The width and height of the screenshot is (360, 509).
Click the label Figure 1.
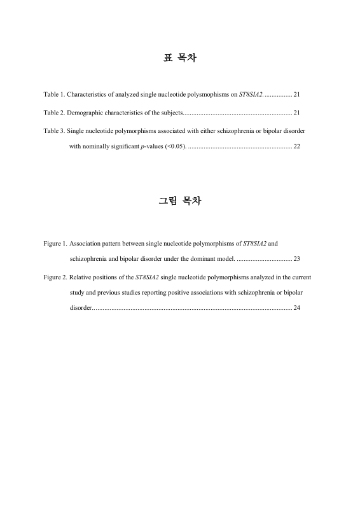click(x=55, y=243)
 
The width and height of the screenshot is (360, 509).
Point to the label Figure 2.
click(x=55, y=277)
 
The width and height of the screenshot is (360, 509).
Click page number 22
click(x=297, y=147)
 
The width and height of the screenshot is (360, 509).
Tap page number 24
click(x=297, y=309)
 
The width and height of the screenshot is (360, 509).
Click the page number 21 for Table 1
click(x=297, y=94)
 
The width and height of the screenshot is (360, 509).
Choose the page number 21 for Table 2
click(x=297, y=113)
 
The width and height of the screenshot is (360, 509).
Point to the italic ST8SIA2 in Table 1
click(x=251, y=94)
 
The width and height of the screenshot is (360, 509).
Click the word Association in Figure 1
click(x=86, y=243)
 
